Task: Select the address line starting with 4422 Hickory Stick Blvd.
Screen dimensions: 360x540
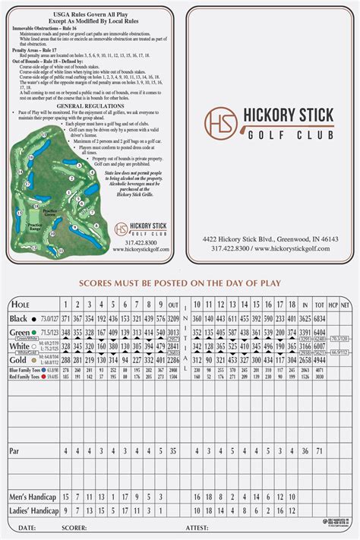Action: (x=270, y=238)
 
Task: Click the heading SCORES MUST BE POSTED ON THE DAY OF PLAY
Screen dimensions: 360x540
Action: (x=180, y=284)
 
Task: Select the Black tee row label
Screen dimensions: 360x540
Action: (x=19, y=318)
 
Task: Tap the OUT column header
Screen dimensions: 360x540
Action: (x=173, y=304)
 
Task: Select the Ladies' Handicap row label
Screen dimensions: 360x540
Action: (x=34, y=510)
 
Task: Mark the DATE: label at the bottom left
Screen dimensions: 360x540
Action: (x=26, y=527)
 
